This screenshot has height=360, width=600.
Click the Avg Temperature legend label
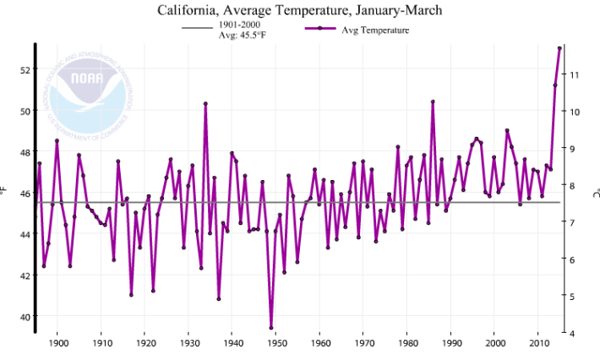375,30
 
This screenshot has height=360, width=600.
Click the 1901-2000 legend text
240,25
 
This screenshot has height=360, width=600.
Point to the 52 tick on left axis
23,69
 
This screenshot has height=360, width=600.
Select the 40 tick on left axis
23,317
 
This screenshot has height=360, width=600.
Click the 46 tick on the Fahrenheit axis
23,194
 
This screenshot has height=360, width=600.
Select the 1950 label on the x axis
276,344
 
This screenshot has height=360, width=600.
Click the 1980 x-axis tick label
407,344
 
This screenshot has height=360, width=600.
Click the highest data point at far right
559,48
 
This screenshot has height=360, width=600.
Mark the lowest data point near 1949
271,328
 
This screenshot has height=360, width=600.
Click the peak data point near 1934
205,103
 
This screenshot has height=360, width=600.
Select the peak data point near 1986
433,101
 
